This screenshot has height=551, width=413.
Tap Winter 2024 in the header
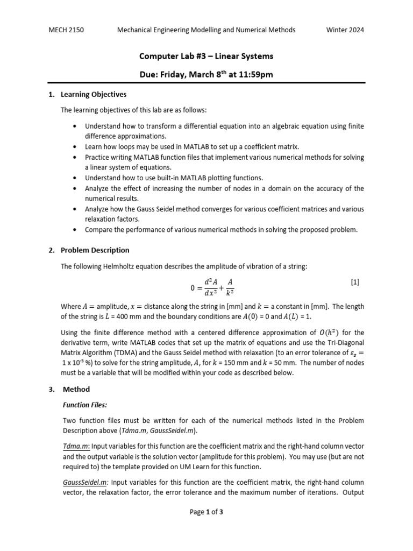point(345,30)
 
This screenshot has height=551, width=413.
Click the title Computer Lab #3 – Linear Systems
point(206,56)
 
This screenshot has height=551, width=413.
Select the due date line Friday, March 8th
point(206,74)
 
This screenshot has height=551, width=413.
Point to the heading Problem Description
point(95,250)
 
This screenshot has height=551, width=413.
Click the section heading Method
point(76,389)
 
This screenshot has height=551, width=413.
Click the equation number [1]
point(354,281)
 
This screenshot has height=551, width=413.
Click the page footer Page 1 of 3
point(206,512)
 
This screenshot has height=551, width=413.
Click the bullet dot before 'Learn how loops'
point(74,146)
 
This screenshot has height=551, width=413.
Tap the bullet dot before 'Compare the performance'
point(74,230)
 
